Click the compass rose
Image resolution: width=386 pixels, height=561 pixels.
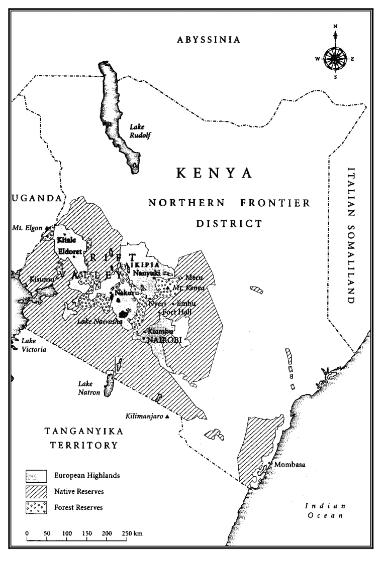(x=335, y=58)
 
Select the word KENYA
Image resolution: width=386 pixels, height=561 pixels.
(x=214, y=174)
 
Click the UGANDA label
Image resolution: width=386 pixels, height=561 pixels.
(x=35, y=199)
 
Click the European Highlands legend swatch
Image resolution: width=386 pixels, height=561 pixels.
(x=36, y=474)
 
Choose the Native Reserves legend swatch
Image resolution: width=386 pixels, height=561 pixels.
(x=36, y=491)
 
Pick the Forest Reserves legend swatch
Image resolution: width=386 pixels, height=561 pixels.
(x=36, y=507)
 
